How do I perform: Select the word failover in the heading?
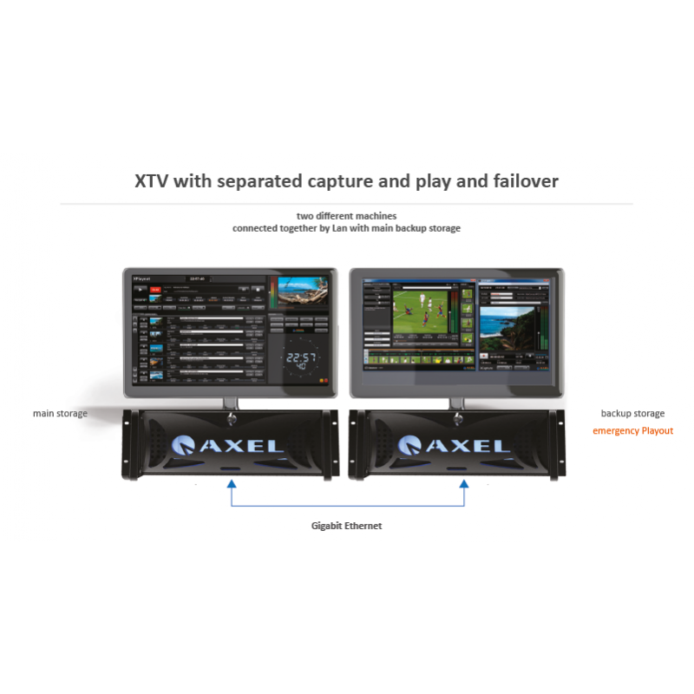point(520,181)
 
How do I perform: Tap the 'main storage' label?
point(60,414)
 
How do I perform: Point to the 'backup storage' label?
point(632,414)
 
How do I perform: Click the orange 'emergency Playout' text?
point(632,431)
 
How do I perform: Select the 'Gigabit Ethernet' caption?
point(346,526)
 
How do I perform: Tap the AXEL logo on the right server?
point(455,446)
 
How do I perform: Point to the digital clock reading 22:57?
point(300,358)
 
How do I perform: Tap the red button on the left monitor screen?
point(156,290)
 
